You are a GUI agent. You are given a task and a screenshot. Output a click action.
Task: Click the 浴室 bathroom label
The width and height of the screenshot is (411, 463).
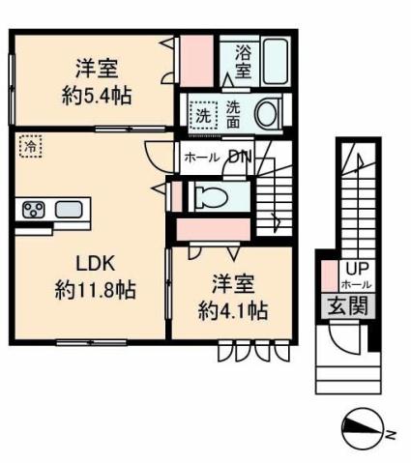[x=243, y=60]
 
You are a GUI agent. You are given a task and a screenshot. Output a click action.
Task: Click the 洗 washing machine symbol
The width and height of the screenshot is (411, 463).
[x=203, y=114]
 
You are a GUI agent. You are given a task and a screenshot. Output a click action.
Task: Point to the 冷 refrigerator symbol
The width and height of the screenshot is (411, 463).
[x=30, y=147]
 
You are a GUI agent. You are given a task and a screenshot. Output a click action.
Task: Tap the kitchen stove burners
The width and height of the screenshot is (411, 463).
[x=32, y=209]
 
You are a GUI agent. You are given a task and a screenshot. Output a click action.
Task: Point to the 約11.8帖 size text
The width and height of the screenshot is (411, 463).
[x=95, y=289]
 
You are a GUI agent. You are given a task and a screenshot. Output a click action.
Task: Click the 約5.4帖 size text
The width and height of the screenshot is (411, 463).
[x=94, y=96]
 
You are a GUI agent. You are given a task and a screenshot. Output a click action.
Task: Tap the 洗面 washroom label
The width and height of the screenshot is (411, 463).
[x=236, y=113]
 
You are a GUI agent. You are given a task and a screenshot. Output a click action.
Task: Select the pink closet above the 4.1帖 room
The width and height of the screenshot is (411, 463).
[x=214, y=228]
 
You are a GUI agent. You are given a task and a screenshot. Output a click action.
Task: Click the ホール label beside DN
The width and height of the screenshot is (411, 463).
[x=200, y=157]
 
